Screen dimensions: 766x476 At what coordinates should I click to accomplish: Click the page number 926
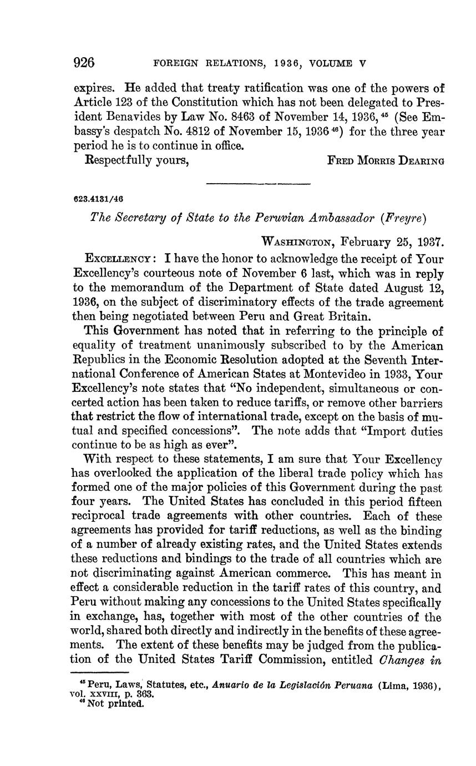click(85, 63)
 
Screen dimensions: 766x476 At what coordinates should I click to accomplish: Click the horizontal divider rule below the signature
click(258, 183)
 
